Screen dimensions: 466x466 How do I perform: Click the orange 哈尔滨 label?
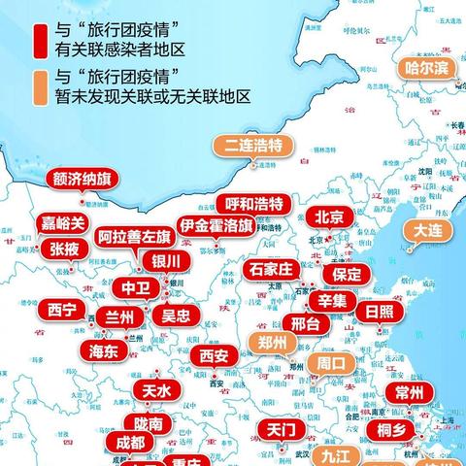click(x=426, y=68)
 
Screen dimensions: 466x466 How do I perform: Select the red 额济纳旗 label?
click(x=82, y=181)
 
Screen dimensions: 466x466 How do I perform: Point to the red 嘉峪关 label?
click(x=64, y=222)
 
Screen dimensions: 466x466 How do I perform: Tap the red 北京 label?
click(x=329, y=217)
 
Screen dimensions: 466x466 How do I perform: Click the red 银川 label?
click(x=165, y=261)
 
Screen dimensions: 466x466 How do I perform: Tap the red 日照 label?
click(x=374, y=312)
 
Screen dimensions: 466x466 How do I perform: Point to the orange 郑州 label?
click(x=273, y=343)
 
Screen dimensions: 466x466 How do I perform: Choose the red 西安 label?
click(x=215, y=356)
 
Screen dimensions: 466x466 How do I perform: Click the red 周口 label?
click(x=331, y=364)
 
